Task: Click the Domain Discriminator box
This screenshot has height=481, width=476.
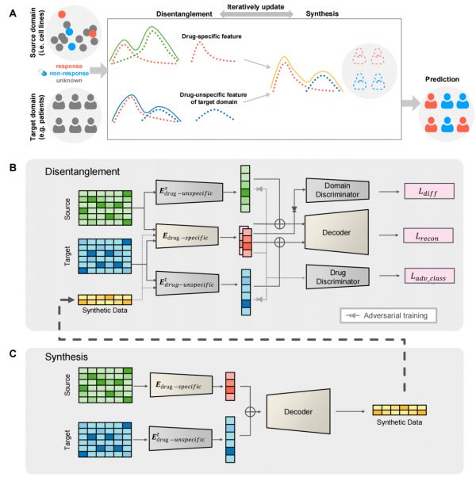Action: pyautogui.click(x=337, y=190)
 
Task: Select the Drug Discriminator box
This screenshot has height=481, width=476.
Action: pyautogui.click(x=337, y=277)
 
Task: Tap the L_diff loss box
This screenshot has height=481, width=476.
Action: pyautogui.click(x=429, y=192)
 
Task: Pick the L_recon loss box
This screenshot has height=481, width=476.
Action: pyautogui.click(x=428, y=235)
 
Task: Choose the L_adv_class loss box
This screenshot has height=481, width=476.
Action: pyautogui.click(x=429, y=276)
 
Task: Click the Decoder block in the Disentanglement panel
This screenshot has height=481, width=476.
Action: pyautogui.click(x=336, y=232)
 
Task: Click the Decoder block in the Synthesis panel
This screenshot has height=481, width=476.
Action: pyautogui.click(x=298, y=411)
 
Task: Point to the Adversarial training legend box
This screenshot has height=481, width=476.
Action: pyautogui.click(x=388, y=315)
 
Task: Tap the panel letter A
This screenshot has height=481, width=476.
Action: pyautogui.click(x=13, y=13)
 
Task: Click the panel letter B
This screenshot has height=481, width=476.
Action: pyautogui.click(x=13, y=168)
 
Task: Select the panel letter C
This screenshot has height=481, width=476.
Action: pyautogui.click(x=13, y=353)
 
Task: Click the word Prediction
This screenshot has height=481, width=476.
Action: pyautogui.click(x=442, y=79)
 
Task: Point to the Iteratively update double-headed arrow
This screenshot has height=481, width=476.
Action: pyautogui.click(x=256, y=13)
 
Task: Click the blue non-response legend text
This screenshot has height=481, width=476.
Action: pyautogui.click(x=69, y=74)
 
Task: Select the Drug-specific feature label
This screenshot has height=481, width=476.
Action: pyautogui.click(x=212, y=36)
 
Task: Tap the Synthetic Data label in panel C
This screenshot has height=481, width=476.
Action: pyautogui.click(x=399, y=422)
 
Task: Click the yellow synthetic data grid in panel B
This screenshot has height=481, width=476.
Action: pyautogui.click(x=105, y=300)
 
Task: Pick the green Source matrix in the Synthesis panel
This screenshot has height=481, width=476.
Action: pyautogui.click(x=106, y=385)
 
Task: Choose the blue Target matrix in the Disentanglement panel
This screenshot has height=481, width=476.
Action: pyautogui.click(x=105, y=257)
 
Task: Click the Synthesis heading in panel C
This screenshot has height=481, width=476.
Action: pyautogui.click(x=67, y=357)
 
